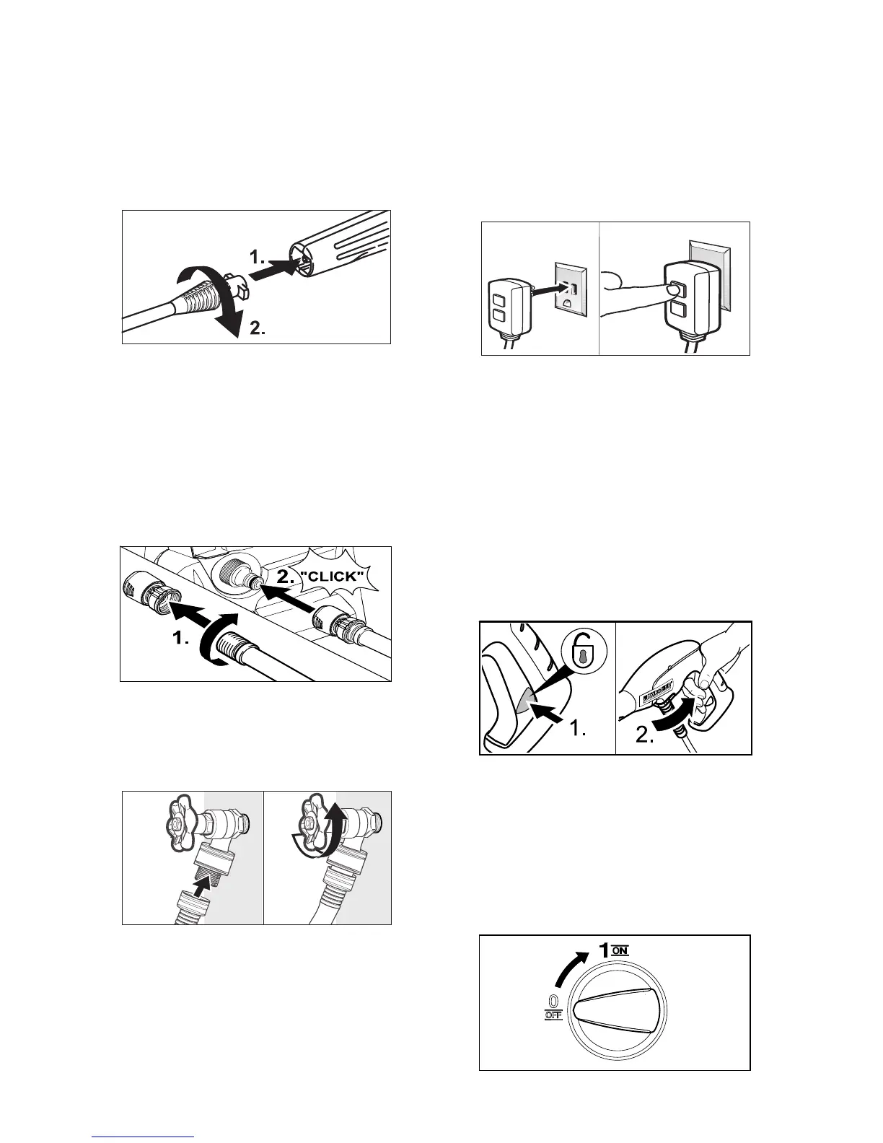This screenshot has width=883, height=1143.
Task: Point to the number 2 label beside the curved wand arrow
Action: tap(258, 330)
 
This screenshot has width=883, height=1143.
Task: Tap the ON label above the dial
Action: tap(620, 950)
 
